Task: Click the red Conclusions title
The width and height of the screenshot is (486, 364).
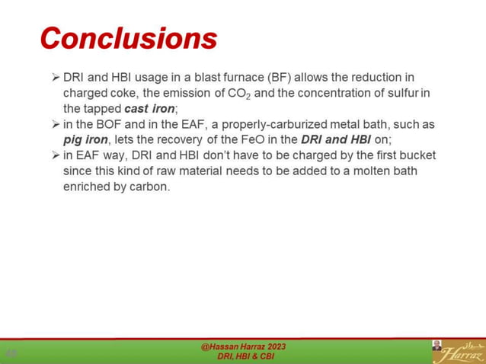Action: pyautogui.click(x=128, y=37)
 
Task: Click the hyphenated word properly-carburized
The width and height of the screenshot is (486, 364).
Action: pyautogui.click(x=261, y=124)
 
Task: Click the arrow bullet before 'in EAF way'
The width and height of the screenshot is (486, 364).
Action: pyautogui.click(x=55, y=155)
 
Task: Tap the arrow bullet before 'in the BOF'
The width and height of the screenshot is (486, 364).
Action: pyautogui.click(x=55, y=124)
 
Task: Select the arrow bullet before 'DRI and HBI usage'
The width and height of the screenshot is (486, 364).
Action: pyautogui.click(x=55, y=78)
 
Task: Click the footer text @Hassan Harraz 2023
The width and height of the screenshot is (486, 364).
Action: pyautogui.click(x=244, y=346)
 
